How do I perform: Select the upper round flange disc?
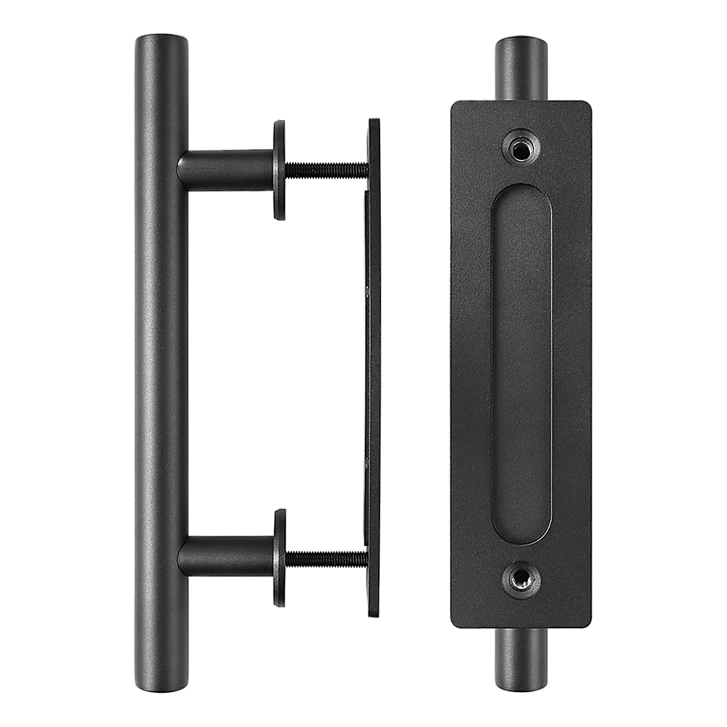coord(279,169)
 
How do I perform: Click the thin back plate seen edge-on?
coord(373,363)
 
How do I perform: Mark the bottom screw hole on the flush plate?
coord(519,580)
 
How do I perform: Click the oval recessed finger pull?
coord(521,363)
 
